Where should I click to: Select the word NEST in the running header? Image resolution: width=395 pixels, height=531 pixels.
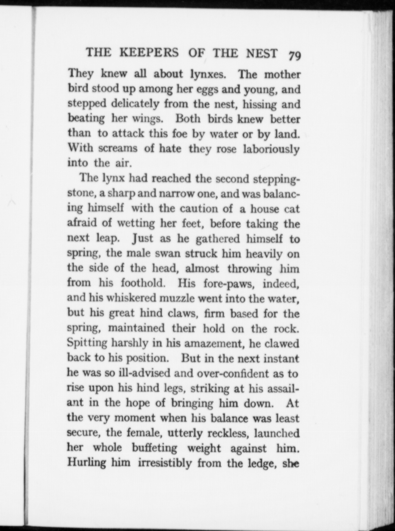click(262, 53)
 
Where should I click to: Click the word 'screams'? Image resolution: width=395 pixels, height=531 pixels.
click(118, 148)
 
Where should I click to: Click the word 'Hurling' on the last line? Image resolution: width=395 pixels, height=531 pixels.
click(87, 463)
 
